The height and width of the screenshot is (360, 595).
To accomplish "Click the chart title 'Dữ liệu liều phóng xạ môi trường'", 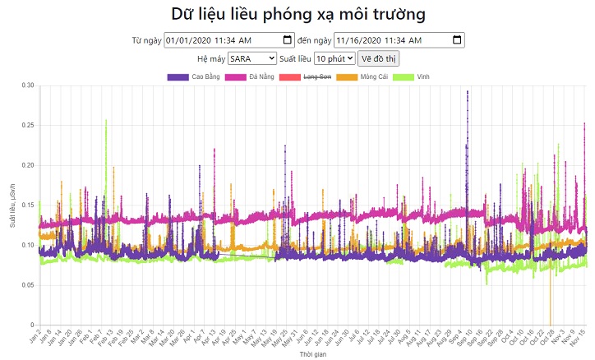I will (x=297, y=14).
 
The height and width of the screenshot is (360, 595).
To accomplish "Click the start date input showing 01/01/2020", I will (x=222, y=40).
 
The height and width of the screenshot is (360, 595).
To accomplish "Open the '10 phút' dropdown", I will (x=334, y=58).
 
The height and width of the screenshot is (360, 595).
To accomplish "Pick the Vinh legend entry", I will (x=411, y=76).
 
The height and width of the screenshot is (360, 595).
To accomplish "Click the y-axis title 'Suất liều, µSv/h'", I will (x=12, y=205).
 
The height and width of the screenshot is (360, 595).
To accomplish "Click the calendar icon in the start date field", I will (x=287, y=40).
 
